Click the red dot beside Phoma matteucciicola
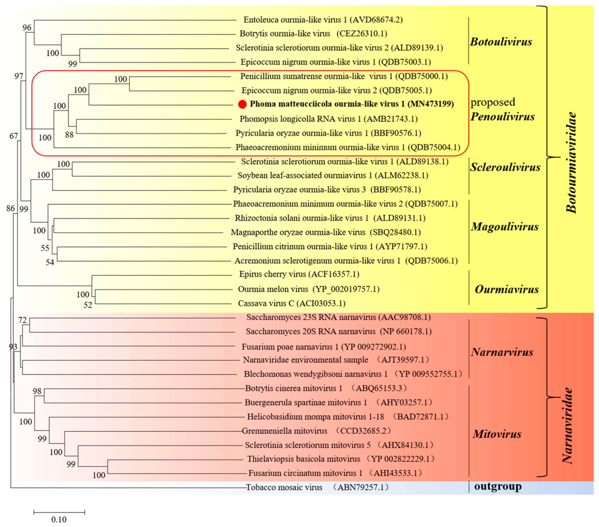(242, 104)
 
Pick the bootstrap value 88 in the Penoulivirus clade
(69, 135)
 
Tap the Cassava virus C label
(292, 303)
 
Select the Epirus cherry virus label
(299, 274)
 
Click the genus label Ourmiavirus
(507, 290)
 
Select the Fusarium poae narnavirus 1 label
(323, 347)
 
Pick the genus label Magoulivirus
(505, 227)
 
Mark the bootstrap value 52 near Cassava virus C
(88, 305)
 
